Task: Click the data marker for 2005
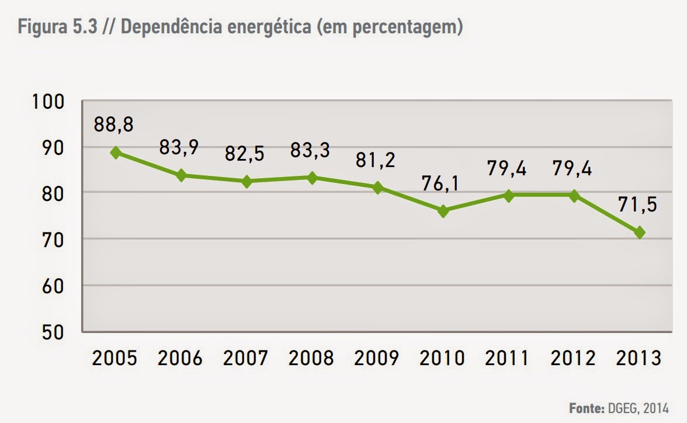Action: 116,152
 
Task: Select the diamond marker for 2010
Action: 443,211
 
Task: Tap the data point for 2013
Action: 640,233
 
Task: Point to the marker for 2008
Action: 312,178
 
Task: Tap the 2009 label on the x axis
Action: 377,357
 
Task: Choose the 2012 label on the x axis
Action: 574,357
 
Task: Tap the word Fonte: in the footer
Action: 586,407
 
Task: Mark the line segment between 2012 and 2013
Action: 607,214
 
